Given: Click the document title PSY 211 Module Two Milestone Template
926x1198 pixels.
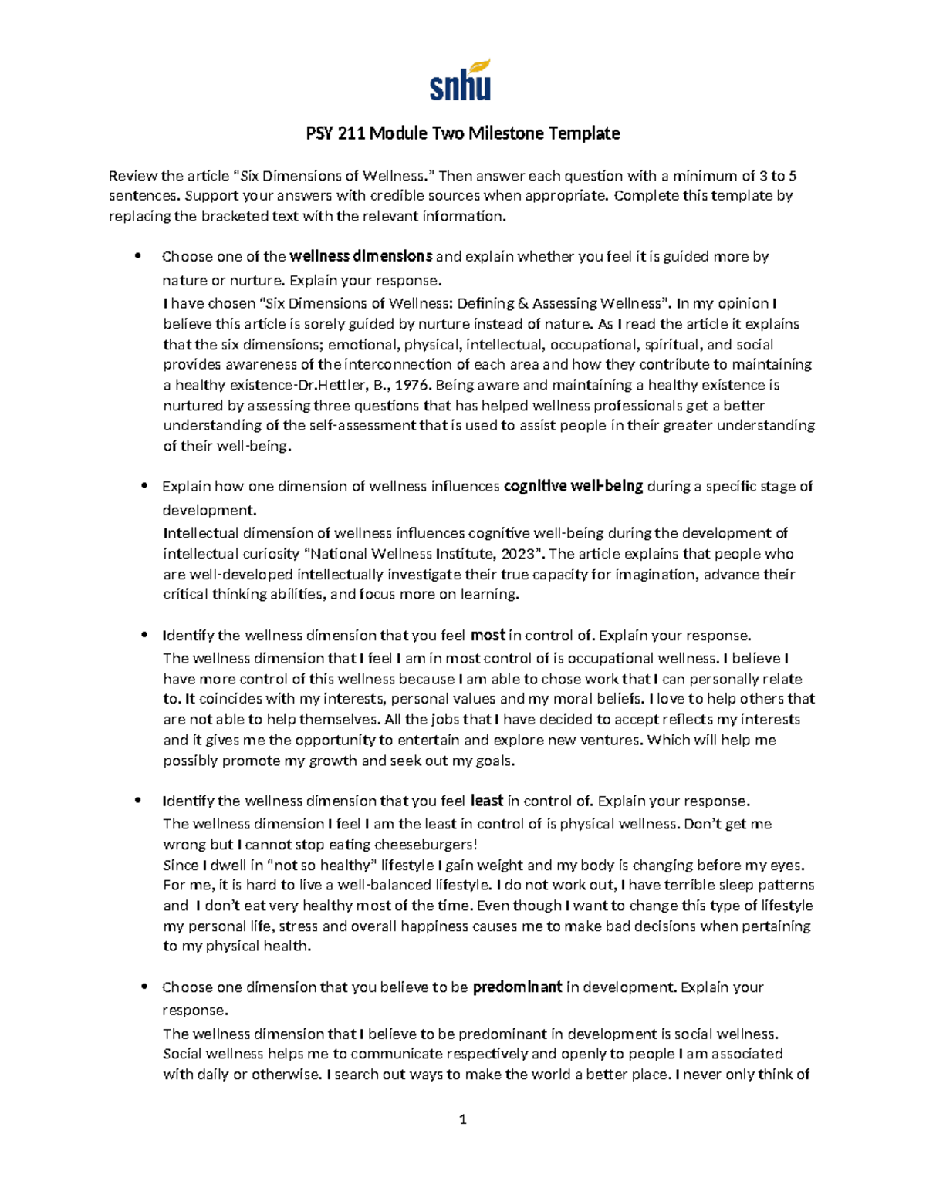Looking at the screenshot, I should click(462, 133).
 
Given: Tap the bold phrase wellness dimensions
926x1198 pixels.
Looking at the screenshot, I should click(360, 256).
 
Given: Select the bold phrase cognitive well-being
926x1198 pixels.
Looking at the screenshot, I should click(573, 486).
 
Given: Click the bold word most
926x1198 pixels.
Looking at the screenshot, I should click(487, 636).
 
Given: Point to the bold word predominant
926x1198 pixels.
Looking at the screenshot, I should click(516, 987).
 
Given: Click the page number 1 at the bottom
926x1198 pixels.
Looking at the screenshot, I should click(462, 1119).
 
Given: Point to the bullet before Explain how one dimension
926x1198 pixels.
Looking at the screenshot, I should click(144, 486).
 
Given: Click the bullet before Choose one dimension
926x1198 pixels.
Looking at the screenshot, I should click(144, 987).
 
